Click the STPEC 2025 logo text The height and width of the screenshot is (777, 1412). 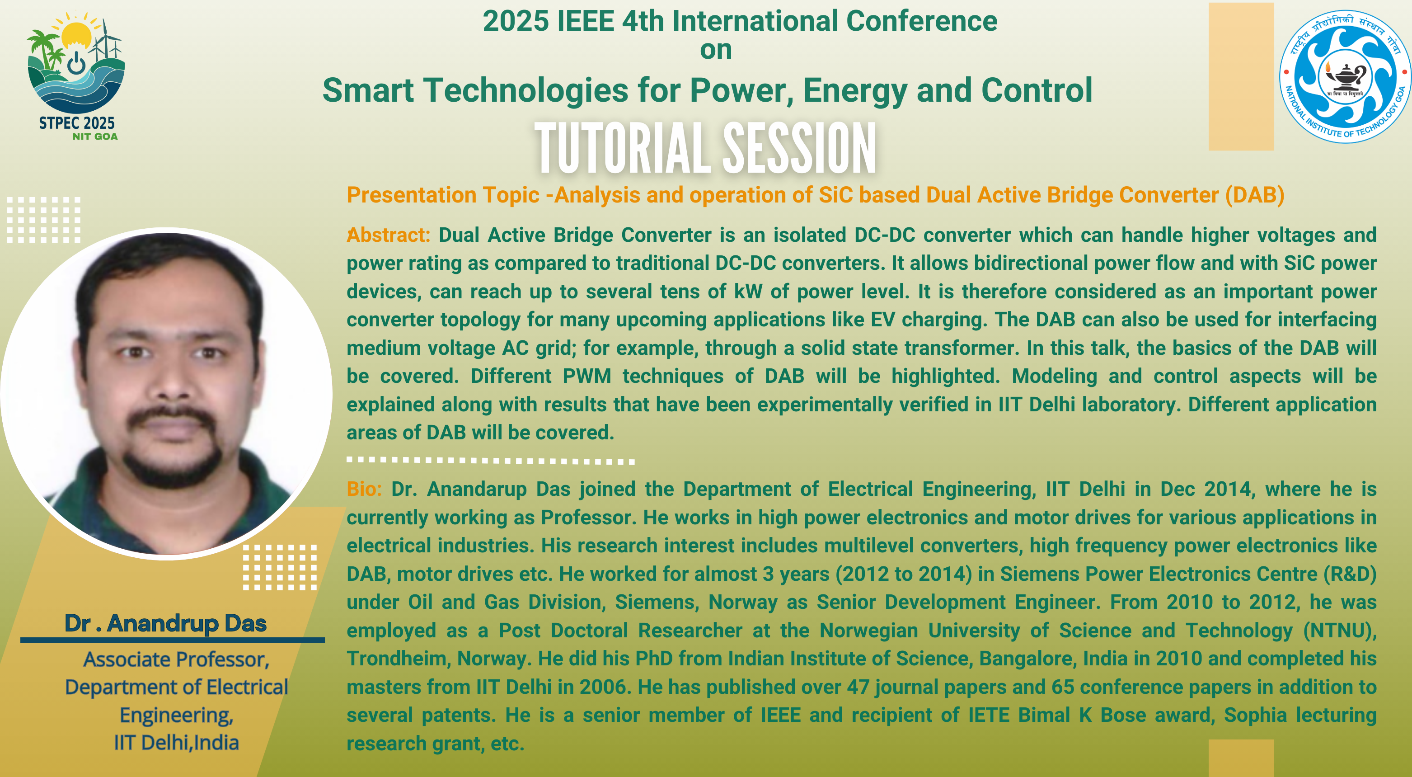tap(77, 123)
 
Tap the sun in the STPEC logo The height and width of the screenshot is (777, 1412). tap(77, 34)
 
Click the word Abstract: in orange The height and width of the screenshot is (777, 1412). tap(389, 235)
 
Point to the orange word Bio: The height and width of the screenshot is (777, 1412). tap(364, 489)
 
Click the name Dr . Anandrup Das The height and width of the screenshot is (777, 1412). tap(165, 623)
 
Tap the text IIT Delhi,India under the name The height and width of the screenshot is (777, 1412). tap(177, 743)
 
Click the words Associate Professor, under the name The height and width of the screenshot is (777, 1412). tap(177, 659)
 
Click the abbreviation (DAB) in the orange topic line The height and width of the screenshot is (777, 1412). tap(1255, 195)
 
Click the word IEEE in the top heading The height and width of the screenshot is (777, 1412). tap(586, 21)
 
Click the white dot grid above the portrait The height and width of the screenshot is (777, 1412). tap(44, 219)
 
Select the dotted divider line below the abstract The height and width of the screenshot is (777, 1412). tap(491, 461)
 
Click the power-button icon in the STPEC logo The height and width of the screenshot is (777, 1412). tap(76, 63)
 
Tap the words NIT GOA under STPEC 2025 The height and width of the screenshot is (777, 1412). tap(95, 137)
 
